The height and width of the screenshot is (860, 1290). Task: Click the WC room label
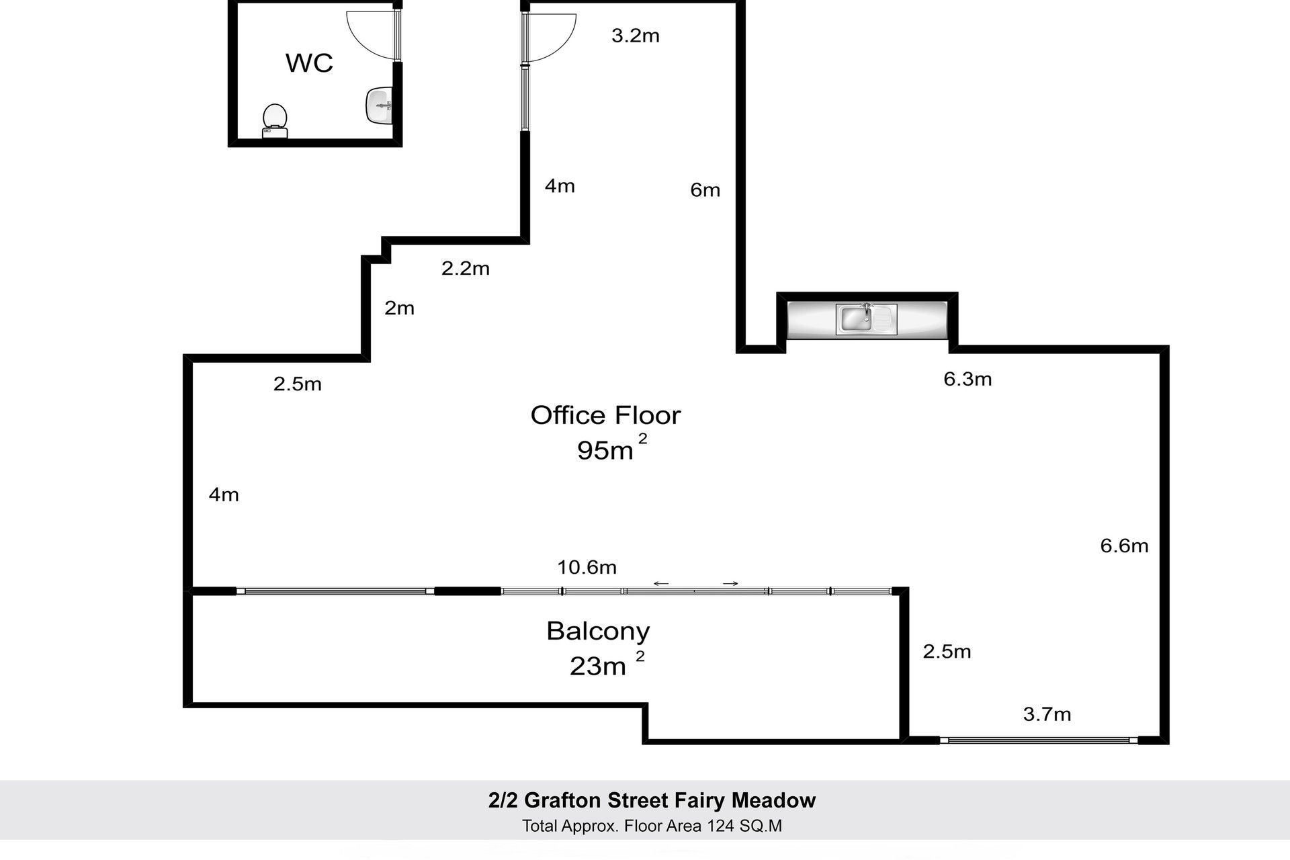click(309, 62)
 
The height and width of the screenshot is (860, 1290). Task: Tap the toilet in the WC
click(275, 121)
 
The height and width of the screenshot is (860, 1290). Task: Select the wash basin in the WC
click(380, 105)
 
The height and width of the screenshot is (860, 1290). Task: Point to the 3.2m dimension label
click(636, 36)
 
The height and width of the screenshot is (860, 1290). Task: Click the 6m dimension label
click(705, 190)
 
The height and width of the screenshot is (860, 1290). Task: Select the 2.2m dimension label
click(466, 269)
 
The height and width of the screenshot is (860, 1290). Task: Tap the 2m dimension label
click(399, 308)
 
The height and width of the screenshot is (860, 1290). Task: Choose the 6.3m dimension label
click(967, 379)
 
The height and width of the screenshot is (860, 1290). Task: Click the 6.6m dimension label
click(1124, 546)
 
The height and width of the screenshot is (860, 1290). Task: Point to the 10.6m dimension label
click(587, 568)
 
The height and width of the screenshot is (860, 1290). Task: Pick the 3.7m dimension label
click(1047, 714)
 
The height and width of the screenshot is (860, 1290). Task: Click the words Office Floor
click(605, 415)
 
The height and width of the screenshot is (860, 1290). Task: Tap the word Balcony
click(598, 632)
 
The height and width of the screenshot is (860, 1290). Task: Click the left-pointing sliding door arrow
click(661, 584)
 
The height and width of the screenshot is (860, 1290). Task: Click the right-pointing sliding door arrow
click(731, 584)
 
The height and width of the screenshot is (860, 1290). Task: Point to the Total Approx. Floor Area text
click(652, 826)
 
